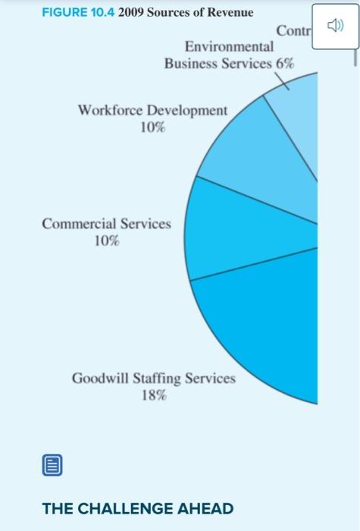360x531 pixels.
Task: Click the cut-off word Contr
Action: pos(293,31)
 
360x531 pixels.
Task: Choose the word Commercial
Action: pos(80,225)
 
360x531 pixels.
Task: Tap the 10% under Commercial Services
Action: pos(106,241)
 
